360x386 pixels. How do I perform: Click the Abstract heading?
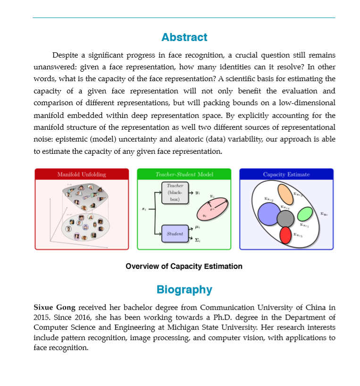(x=184, y=37)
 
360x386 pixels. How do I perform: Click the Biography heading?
(x=184, y=290)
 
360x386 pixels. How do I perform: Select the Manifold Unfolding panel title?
(x=82, y=175)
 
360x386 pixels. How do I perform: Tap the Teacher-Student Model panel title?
(x=184, y=175)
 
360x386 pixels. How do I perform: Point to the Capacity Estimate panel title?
(x=286, y=175)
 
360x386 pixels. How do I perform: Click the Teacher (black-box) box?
(x=175, y=193)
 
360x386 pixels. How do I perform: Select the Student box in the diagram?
(x=175, y=234)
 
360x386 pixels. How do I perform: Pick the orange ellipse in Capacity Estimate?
(x=285, y=194)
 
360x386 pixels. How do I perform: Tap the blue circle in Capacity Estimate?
(x=269, y=214)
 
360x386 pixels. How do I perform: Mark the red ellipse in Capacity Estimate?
(x=285, y=235)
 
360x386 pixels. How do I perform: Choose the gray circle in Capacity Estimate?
(x=285, y=218)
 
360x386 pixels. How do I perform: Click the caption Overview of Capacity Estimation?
(x=184, y=267)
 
